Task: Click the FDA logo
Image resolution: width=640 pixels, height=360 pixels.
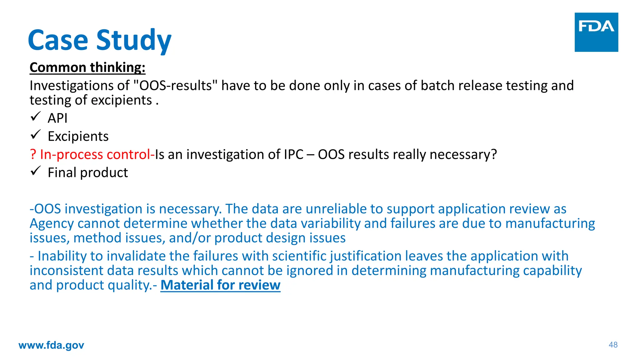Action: tap(596, 32)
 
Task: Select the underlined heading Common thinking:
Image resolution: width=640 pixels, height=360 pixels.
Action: tap(87, 67)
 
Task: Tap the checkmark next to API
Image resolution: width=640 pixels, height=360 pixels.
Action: tap(36, 117)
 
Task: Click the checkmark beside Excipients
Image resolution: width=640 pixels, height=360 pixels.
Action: tap(36, 135)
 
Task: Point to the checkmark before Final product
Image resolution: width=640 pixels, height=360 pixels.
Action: tap(36, 171)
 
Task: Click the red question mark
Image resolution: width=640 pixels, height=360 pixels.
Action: tap(33, 154)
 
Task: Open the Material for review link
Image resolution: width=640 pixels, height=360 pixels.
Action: tap(220, 285)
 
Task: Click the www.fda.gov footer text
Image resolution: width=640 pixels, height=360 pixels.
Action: tap(51, 345)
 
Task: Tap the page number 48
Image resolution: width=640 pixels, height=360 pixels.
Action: tap(613, 345)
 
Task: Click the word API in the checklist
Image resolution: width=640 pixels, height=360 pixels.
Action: tap(57, 118)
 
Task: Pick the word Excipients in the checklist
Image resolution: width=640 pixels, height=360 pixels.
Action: tap(78, 136)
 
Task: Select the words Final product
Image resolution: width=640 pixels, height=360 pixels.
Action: tap(88, 172)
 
